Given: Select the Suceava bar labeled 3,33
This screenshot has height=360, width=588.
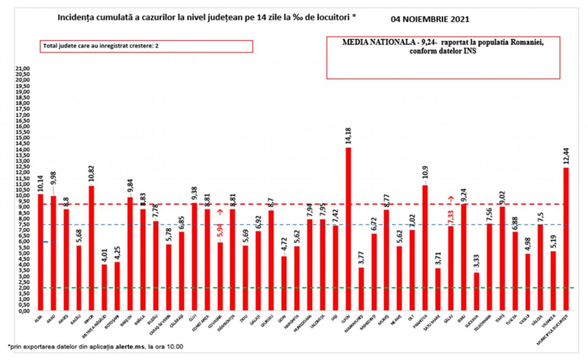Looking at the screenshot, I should pos(476,291).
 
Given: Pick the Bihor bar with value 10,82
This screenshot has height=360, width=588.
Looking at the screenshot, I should pos(92,248).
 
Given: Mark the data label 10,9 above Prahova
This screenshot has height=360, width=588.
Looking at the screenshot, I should pos(425,172).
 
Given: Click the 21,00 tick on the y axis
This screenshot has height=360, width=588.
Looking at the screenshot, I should pos(22,68).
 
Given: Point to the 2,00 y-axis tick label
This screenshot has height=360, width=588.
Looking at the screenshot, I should pos(22,288).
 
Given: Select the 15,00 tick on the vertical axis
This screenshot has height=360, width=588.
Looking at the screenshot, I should pos(22,138).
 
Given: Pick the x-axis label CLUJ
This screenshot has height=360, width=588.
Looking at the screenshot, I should pos(193,318).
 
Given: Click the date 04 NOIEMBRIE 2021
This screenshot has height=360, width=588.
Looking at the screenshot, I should pos(430,19).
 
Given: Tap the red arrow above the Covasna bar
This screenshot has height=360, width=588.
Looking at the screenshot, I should pos(221,212).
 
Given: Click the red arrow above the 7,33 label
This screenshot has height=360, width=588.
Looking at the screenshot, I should pos(451,199).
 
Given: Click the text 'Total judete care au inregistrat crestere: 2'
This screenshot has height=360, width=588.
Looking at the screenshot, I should pos(101,46).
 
